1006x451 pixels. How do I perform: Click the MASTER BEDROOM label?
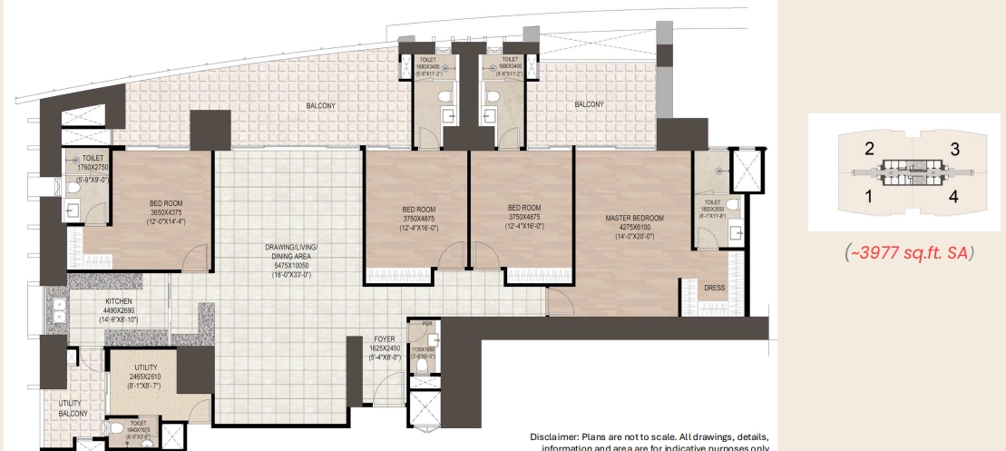(634, 218)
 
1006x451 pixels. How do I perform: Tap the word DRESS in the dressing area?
(714, 288)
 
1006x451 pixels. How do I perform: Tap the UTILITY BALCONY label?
(73, 407)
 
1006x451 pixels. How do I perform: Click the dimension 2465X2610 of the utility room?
(144, 377)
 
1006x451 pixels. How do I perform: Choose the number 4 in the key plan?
(953, 195)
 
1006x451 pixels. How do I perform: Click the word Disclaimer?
(555, 436)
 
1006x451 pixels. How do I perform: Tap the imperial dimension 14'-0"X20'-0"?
(634, 236)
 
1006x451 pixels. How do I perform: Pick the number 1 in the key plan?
(868, 195)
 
